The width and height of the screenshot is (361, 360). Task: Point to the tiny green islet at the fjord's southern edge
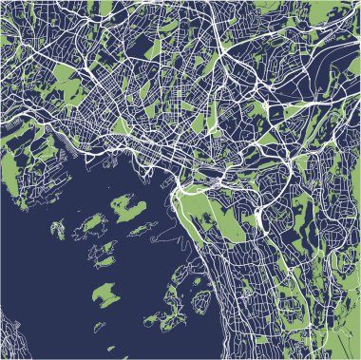[99, 328]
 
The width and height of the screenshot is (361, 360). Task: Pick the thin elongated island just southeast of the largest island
[144, 228]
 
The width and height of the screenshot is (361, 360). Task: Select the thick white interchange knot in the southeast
[258, 218]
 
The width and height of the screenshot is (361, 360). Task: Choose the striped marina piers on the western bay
[71, 151]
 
